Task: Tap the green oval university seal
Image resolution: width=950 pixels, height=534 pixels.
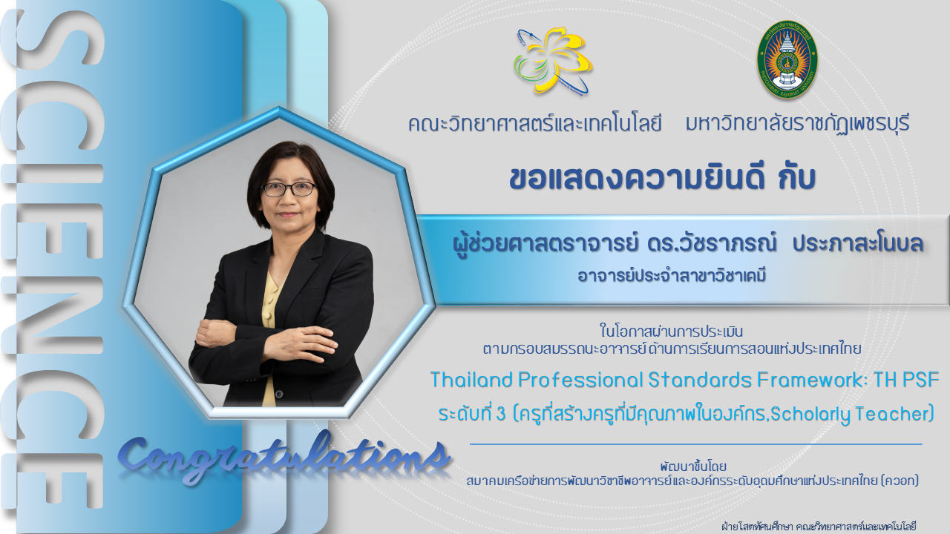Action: pyautogui.click(x=787, y=59)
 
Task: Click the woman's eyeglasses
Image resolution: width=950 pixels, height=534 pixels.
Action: pyautogui.click(x=289, y=189)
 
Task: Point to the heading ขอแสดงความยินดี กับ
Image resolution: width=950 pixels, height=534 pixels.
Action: pyautogui.click(x=663, y=179)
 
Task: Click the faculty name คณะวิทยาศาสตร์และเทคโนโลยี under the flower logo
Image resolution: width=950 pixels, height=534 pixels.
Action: pyautogui.click(x=535, y=124)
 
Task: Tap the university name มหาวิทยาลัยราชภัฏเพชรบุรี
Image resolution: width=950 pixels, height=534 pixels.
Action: pyautogui.click(x=798, y=123)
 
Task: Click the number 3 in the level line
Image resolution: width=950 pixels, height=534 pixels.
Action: pyautogui.click(x=500, y=414)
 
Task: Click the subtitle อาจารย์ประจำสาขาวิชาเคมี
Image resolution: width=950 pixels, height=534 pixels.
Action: pyautogui.click(x=672, y=276)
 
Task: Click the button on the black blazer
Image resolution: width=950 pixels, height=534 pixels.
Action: pyautogui.click(x=279, y=394)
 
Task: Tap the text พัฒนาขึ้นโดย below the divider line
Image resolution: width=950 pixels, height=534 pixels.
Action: pyautogui.click(x=693, y=467)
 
